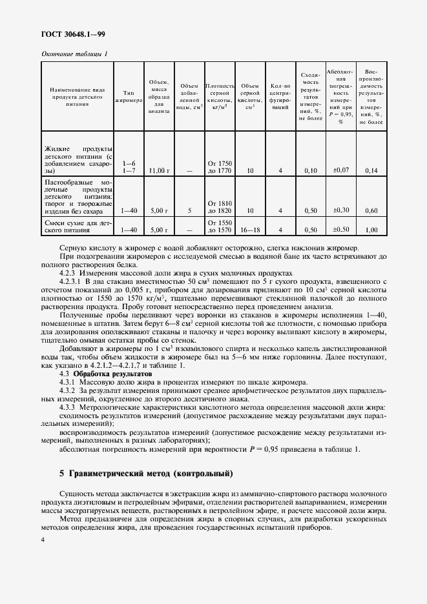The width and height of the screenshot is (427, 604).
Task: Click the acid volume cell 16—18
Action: pos(249,230)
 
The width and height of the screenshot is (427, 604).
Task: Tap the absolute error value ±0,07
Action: pos(340,170)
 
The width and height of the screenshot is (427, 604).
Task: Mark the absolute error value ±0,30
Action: pos(340,210)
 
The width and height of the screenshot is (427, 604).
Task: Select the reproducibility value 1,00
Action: pos(371,230)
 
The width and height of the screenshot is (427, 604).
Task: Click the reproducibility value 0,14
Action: pos(371,170)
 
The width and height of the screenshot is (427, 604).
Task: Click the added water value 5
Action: pos(189,210)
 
